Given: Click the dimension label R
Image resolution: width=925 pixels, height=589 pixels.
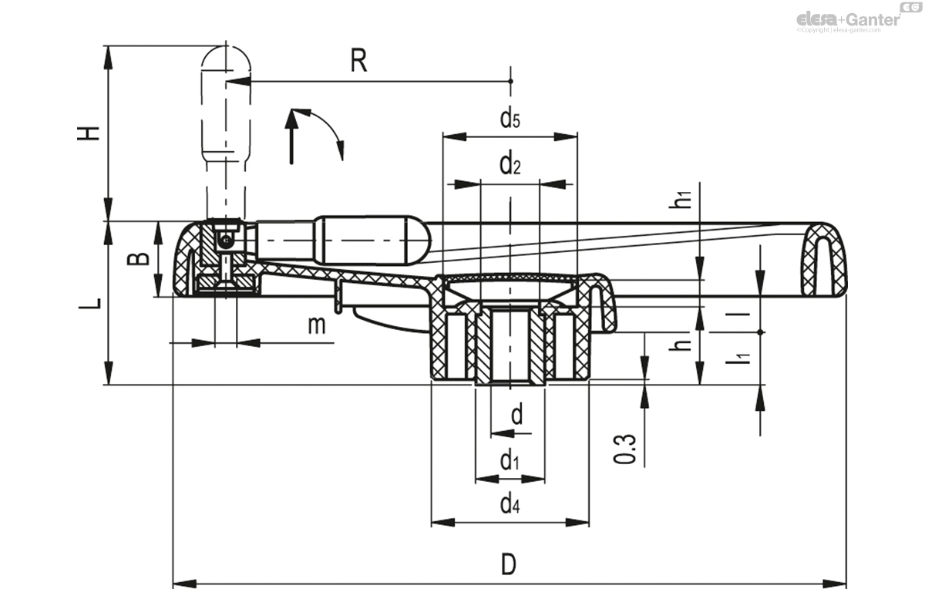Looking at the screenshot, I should [x=358, y=61].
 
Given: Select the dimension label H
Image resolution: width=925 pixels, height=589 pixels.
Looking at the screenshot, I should [x=90, y=132].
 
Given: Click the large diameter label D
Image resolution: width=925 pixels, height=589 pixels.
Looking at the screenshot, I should [x=508, y=564].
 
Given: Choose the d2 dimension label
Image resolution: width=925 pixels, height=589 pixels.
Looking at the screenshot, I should [x=510, y=164].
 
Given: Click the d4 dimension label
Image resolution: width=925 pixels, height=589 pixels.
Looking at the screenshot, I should [x=510, y=505].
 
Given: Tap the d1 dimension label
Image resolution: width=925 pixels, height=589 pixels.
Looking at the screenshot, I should [x=510, y=462].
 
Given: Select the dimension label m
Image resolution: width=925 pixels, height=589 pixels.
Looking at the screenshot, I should [x=317, y=325].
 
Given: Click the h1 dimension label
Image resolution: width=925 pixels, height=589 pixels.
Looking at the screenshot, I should [x=681, y=198].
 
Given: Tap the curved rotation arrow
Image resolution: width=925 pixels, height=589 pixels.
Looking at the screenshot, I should [x=328, y=131].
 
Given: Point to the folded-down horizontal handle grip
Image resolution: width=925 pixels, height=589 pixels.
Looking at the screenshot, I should [x=362, y=239].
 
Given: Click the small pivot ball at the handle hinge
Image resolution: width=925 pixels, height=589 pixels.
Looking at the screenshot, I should [x=224, y=242].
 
